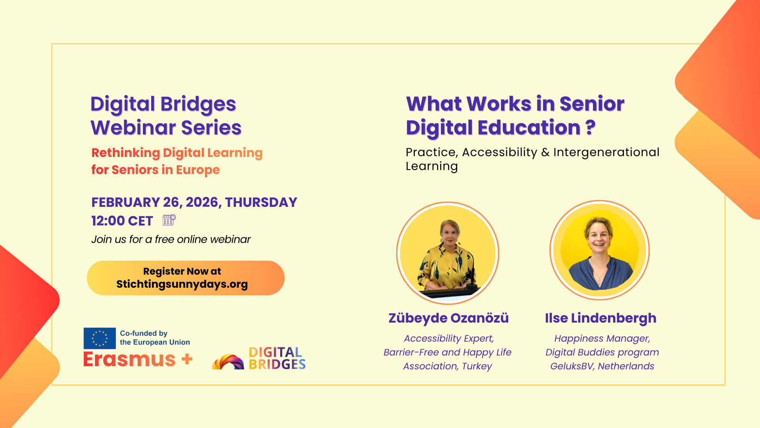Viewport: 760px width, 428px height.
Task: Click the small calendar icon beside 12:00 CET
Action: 169,220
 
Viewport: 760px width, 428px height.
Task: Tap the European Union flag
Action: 100,338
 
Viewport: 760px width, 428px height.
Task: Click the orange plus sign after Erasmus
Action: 187,359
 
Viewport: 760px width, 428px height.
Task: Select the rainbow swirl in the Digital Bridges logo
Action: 228,362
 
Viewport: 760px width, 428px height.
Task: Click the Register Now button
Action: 186,278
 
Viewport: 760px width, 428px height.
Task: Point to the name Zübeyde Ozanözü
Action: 448,318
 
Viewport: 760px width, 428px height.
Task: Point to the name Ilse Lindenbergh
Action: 600,318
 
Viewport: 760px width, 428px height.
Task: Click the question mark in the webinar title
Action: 590,127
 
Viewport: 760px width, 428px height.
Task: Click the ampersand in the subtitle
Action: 545,152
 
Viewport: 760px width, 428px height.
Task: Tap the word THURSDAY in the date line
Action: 261,203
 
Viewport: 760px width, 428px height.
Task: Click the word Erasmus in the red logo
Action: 129,359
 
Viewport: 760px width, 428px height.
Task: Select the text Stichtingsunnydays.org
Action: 182,284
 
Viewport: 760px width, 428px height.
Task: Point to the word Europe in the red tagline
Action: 198,170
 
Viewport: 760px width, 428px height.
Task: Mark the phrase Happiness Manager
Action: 602,338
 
